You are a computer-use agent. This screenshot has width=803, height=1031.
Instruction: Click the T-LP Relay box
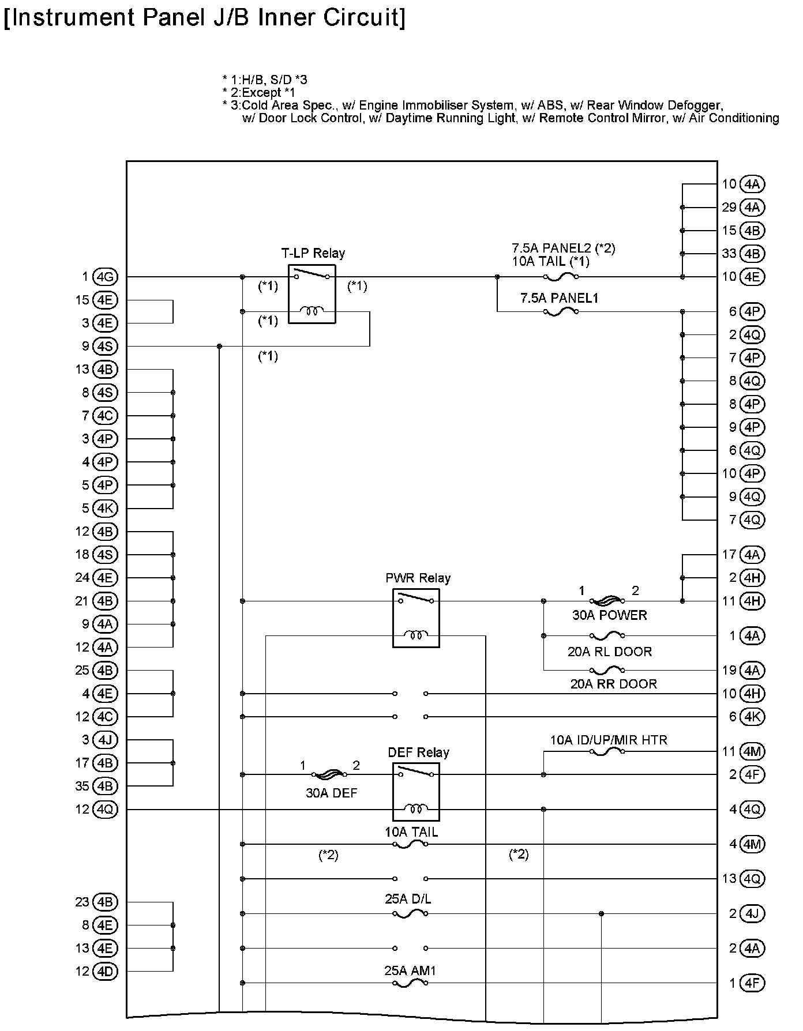tap(312, 294)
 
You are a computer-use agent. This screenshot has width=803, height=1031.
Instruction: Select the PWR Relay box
tap(416, 618)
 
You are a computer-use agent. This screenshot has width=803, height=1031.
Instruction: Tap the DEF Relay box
tap(416, 792)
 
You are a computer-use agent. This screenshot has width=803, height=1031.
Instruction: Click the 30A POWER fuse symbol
tap(607, 601)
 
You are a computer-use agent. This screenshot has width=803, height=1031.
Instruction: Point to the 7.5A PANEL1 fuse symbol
tap(561, 312)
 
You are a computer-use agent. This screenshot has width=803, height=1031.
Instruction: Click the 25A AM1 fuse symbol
tap(410, 983)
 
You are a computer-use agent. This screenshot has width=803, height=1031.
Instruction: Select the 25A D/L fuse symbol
tap(410, 913)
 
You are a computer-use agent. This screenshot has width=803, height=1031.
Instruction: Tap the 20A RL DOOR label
tap(610, 652)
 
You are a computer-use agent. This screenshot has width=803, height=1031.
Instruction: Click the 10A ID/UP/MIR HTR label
tap(609, 740)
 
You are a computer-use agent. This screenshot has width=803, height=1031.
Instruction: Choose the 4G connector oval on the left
tap(105, 277)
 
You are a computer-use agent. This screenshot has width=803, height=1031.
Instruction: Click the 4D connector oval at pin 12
tap(105, 972)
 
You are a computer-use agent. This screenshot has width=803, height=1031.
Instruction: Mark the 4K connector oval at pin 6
tap(752, 717)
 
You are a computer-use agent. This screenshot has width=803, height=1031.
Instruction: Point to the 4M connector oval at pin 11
tap(752, 751)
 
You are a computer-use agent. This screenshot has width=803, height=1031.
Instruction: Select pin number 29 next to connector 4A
tap(729, 208)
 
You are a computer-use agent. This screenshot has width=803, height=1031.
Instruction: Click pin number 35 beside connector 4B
tap(82, 786)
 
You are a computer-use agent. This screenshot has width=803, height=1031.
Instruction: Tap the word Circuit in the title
tap(364, 17)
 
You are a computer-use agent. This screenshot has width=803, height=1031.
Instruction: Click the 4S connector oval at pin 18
tap(105, 555)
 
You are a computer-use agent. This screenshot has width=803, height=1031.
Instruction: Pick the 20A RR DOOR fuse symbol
tap(607, 670)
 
